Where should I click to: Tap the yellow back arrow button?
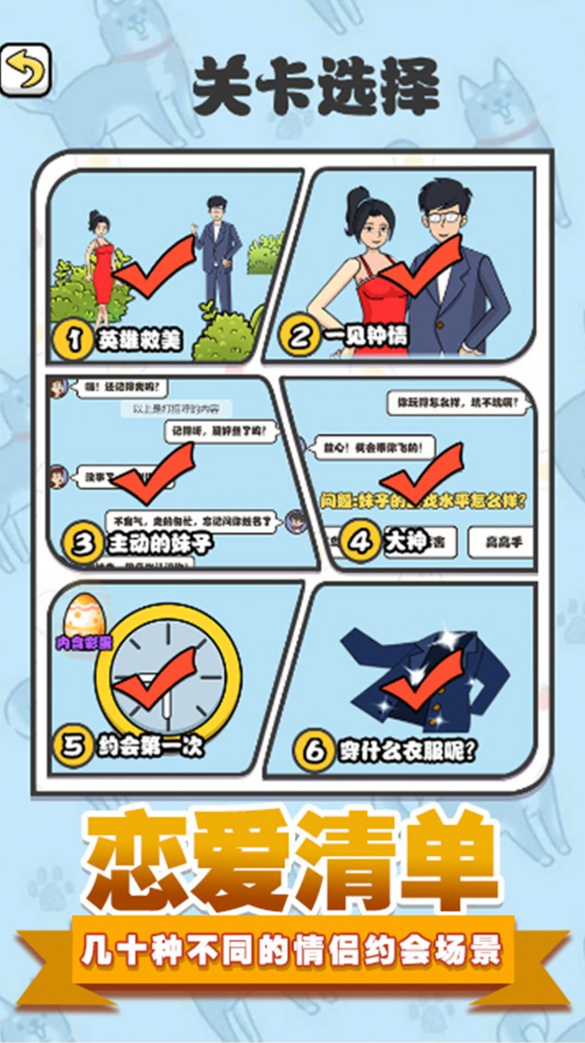point(25,71)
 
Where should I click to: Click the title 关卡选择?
point(315,87)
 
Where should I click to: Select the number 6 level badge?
point(313,751)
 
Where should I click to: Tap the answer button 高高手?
point(502,542)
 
